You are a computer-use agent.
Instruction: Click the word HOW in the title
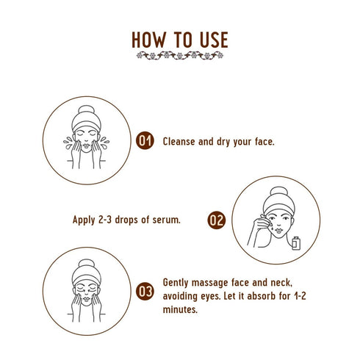click(151, 39)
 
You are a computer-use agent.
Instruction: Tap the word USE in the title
click(212, 39)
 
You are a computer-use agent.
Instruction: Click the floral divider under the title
click(180, 55)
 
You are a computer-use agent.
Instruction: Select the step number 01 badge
click(145, 141)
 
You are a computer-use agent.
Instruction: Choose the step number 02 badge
click(216, 220)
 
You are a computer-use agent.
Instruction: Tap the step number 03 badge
click(145, 292)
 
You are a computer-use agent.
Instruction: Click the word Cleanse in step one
click(181, 141)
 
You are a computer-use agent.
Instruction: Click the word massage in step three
click(208, 283)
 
